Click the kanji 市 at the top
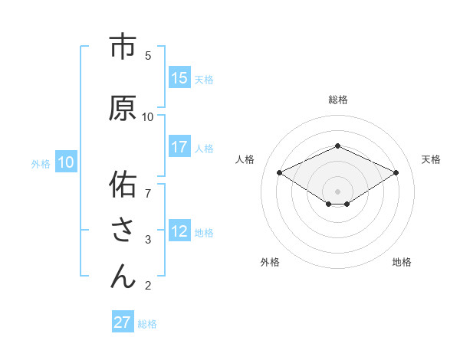(x=123, y=47)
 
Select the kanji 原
(x=123, y=109)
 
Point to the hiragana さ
(x=123, y=231)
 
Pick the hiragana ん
(x=123, y=276)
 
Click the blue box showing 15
(x=179, y=78)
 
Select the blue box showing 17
(x=179, y=147)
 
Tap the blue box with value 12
(x=179, y=231)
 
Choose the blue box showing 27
(x=123, y=322)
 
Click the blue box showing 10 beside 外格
(x=66, y=162)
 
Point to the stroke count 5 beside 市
(x=148, y=56)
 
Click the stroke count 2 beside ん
(x=148, y=286)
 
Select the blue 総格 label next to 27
(x=147, y=324)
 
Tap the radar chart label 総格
(x=337, y=100)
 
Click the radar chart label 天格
(x=431, y=159)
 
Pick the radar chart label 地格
(x=402, y=262)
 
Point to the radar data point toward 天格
(x=396, y=172)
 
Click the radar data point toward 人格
(x=279, y=172)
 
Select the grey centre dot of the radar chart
(x=337, y=190)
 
